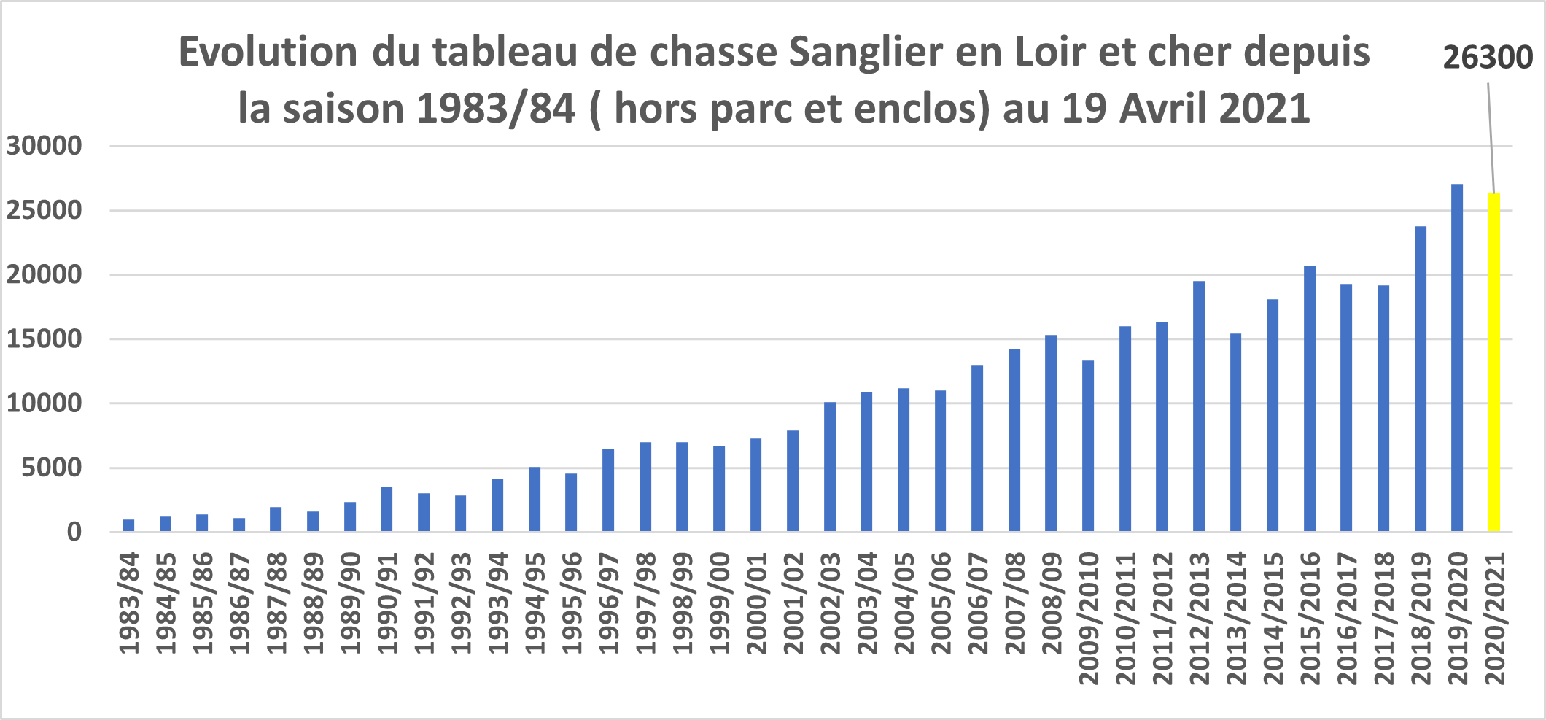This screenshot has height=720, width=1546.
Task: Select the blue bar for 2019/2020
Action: (1457, 357)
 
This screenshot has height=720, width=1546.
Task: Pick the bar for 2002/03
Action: (830, 466)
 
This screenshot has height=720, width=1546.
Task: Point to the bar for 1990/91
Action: (386, 508)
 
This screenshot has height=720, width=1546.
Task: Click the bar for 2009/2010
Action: (1088, 445)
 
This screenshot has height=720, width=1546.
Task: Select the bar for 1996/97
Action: (608, 489)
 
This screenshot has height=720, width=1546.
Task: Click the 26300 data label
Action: (1488, 58)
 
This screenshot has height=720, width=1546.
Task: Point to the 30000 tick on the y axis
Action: (44, 146)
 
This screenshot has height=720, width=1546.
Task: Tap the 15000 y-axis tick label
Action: (44, 339)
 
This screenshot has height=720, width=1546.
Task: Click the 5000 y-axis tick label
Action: (52, 468)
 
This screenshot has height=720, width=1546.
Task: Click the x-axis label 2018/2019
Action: (1421, 619)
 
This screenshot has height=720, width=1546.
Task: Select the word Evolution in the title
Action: (268, 53)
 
